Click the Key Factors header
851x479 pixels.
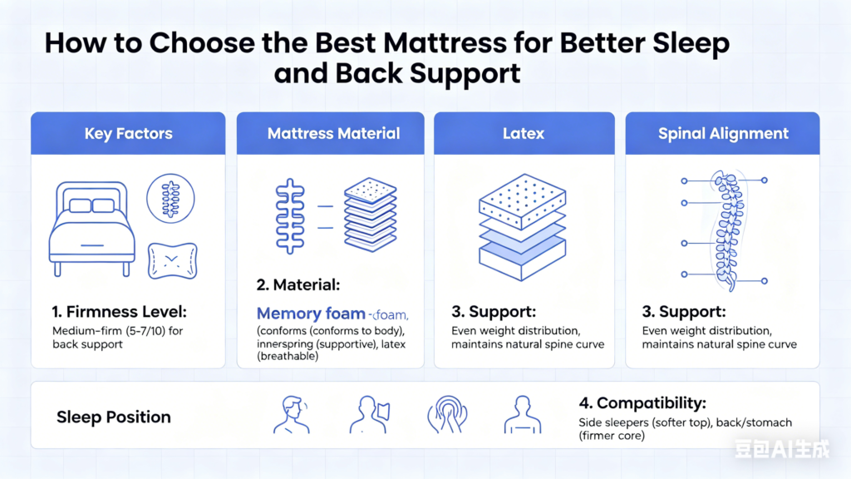point(128,133)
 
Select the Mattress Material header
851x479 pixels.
point(333,133)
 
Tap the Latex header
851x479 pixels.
point(523,133)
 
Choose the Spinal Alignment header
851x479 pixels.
point(723,133)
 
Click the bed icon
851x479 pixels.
point(91,225)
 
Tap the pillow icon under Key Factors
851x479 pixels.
point(172,260)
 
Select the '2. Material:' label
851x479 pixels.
point(298,285)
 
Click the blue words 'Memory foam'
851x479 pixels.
point(311,314)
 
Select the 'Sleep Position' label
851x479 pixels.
point(113,417)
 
